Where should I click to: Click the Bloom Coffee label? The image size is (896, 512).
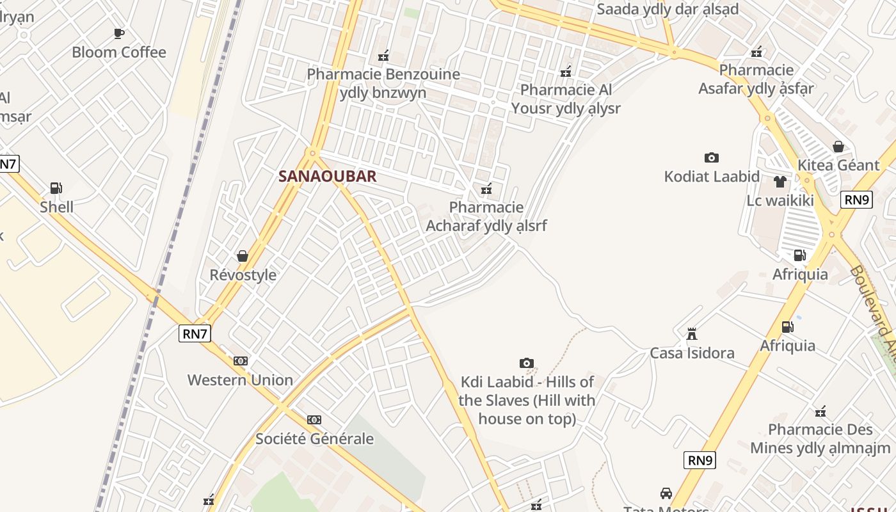click(x=118, y=52)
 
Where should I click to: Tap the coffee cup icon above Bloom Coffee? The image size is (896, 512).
click(x=118, y=33)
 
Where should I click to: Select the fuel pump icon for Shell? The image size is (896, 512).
click(x=56, y=188)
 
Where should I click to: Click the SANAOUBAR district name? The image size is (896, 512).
click(x=327, y=177)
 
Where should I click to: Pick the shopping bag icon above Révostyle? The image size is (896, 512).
click(x=243, y=256)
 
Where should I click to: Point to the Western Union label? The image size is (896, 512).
click(x=240, y=380)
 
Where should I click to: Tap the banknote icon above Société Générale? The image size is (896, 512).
click(x=314, y=420)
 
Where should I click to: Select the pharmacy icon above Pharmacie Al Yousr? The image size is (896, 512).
click(x=566, y=72)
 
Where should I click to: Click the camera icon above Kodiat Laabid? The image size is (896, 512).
click(x=711, y=157)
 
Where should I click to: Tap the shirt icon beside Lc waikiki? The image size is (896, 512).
click(x=780, y=182)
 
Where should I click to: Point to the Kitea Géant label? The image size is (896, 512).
click(x=838, y=165)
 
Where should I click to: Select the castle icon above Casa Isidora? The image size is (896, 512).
click(x=691, y=333)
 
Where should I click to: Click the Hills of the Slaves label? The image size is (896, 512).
click(x=527, y=400)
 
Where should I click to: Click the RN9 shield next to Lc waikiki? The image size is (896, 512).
click(x=857, y=200)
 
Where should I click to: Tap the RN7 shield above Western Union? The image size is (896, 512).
click(x=195, y=333)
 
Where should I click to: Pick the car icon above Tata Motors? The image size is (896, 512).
click(x=666, y=493)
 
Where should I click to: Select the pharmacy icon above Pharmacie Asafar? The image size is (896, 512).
click(x=756, y=52)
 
